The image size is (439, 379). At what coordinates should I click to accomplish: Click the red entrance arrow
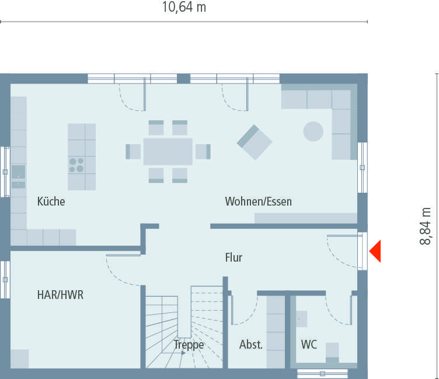coord(374,252)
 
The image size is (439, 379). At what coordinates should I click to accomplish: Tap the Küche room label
coord(51,202)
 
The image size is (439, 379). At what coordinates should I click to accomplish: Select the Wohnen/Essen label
coord(258,202)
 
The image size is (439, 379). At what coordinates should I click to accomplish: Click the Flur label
coord(234,257)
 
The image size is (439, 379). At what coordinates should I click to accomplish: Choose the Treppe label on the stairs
coord(189,345)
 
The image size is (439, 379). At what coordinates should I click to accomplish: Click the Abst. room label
coord(251,345)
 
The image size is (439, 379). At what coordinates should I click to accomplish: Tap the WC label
coord(309,345)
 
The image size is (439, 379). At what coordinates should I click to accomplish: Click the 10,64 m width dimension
coord(184,8)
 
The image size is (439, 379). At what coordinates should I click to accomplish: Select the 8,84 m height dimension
coord(426,227)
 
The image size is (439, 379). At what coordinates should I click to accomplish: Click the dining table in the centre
coord(168,151)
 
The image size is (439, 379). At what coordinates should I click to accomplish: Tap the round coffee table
coord(313,131)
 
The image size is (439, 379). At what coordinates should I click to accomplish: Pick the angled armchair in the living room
coord(255,142)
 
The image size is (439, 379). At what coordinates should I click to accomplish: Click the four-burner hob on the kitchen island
coord(76,165)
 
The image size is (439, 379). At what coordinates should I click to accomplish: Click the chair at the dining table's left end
coord(134,151)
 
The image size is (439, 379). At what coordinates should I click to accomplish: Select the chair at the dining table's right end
coord(202,151)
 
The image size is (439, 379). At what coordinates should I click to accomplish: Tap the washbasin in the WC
coord(301,318)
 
